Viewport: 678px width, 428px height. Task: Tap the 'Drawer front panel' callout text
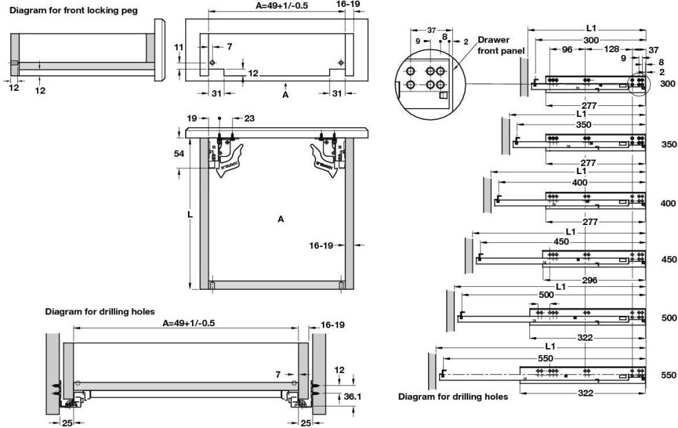(501, 45)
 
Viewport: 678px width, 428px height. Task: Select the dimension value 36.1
(351, 396)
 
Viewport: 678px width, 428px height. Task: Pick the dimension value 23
(248, 118)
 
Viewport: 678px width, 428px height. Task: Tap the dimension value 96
(567, 50)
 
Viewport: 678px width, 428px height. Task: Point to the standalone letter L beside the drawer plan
(190, 215)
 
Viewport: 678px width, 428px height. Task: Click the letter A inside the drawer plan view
(280, 220)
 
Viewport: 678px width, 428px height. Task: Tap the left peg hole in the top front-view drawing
(213, 63)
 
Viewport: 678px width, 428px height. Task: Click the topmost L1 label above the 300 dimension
(591, 29)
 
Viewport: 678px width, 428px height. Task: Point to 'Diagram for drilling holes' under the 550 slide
(453, 396)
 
